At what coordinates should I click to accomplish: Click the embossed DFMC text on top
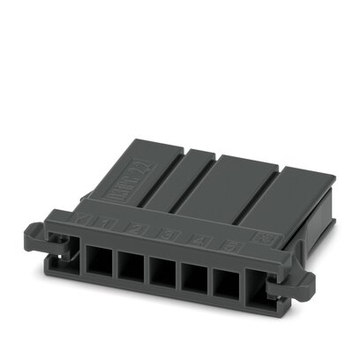pos(128,167)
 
